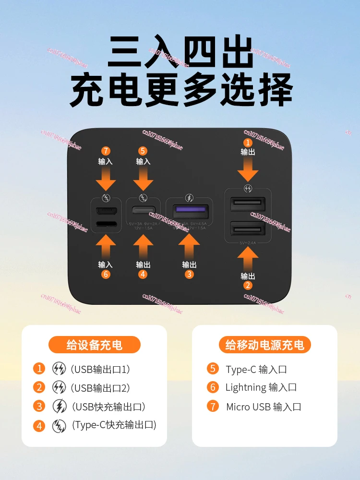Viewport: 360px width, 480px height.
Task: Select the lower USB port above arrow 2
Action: (248, 228)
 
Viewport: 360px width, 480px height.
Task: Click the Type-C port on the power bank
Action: (143, 210)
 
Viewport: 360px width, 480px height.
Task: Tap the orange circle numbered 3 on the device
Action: (189, 274)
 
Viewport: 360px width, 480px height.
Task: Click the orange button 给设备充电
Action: (95, 345)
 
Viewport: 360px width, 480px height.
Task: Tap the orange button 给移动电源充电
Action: (265, 345)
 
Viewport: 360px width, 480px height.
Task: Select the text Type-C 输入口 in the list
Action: (256, 369)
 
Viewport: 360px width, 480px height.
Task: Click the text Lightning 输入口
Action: (261, 387)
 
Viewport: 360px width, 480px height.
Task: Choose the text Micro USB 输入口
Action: (264, 407)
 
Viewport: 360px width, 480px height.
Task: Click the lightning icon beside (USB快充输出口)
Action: (59, 406)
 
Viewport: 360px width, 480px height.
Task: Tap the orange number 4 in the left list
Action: (39, 425)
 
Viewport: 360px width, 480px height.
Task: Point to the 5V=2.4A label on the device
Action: (248, 243)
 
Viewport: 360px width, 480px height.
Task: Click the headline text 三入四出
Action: (180, 53)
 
